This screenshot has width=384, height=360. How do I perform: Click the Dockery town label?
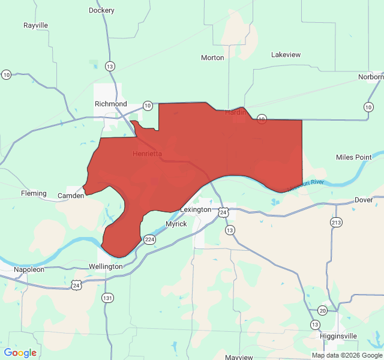pyautogui.click(x=101, y=10)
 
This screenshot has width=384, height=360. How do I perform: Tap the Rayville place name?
pyautogui.click(x=35, y=25)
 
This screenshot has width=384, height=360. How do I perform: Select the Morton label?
pyautogui.click(x=212, y=58)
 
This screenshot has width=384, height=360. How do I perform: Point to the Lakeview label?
pyautogui.click(x=286, y=55)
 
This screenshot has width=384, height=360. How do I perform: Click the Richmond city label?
pyautogui.click(x=111, y=104)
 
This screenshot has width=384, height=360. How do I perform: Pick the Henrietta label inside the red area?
pyautogui.click(x=146, y=154)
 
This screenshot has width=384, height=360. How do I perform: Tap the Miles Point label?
pyautogui.click(x=354, y=157)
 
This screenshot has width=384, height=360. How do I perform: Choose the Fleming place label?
pyautogui.click(x=34, y=193)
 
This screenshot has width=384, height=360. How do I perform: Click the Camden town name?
pyautogui.click(x=71, y=196)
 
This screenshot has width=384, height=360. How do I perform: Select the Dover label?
pyautogui.click(x=364, y=200)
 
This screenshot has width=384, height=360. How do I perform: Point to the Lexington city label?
pyautogui.click(x=196, y=210)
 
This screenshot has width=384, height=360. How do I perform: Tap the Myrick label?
pyautogui.click(x=176, y=224)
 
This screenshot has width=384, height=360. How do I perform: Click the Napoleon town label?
pyautogui.click(x=29, y=270)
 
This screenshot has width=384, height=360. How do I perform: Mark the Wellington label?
pyautogui.click(x=106, y=266)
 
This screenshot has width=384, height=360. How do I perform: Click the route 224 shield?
pyautogui.click(x=150, y=239)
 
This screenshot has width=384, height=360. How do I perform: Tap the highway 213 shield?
pyautogui.click(x=336, y=223)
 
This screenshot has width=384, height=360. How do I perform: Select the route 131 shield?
pyautogui.click(x=107, y=298)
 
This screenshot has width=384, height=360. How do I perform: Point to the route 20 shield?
pyautogui.click(x=323, y=310)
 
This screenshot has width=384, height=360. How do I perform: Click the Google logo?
pyautogui.click(x=20, y=353)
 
